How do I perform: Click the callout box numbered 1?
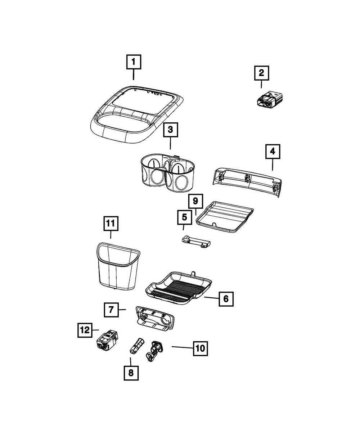[x=133, y=62]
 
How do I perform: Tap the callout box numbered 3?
[x=171, y=131]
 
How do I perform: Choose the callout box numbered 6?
[x=226, y=298]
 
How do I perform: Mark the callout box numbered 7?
[x=111, y=310]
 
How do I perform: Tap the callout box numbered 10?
[x=200, y=348]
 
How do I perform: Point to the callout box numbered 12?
[x=85, y=330]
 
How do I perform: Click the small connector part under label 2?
[x=270, y=100]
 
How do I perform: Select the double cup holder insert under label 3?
[x=167, y=173]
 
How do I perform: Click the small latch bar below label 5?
[x=195, y=241]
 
